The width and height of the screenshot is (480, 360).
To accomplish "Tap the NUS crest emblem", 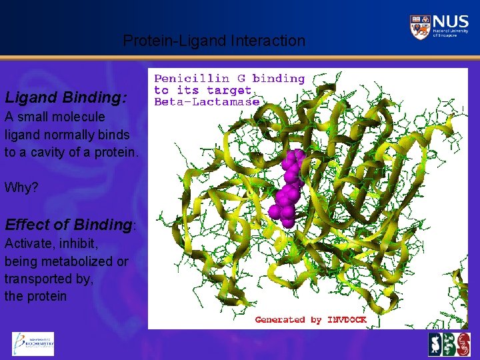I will pos(420,27).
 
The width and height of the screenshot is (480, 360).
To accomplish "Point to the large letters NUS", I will pos(450,22).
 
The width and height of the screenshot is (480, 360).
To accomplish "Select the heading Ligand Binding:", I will pos(65,97).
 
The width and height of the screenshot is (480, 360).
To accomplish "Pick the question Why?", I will pos(21,187).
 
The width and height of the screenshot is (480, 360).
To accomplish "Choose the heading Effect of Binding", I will pos(69,224).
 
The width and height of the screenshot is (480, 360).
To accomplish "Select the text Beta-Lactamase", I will pos(207,102).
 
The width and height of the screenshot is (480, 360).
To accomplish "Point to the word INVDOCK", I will pos(347,320).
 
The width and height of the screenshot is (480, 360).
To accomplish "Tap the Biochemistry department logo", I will pos(33,343).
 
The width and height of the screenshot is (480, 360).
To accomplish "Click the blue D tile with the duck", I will pos(436,345).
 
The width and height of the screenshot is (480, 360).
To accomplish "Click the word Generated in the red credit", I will pos(279,320).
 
